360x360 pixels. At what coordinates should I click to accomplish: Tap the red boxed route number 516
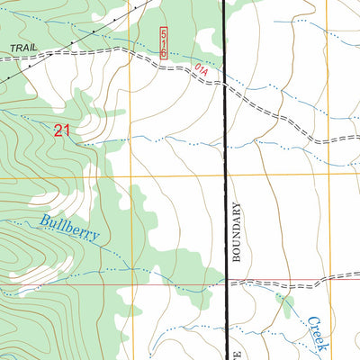(x=164, y=42)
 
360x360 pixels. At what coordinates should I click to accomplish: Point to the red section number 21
(x=61, y=131)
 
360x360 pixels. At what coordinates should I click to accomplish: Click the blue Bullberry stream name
(x=68, y=229)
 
